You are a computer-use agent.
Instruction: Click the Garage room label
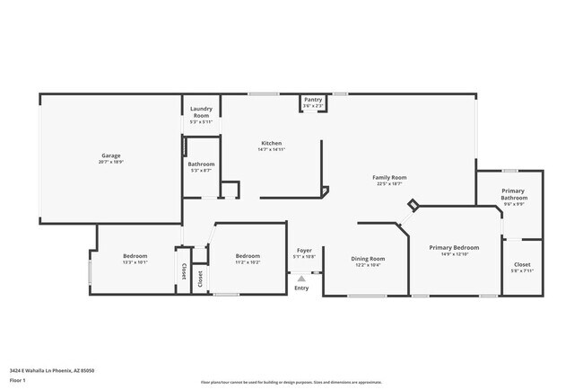110,155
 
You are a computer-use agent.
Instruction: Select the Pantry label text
313,100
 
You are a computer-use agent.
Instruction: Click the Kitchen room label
272,143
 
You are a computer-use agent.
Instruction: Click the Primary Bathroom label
513,194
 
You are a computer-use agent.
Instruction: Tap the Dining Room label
368,258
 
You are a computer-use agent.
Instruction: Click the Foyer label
304,250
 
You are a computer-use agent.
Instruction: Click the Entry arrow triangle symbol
301,279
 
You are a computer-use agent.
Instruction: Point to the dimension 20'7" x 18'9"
110,163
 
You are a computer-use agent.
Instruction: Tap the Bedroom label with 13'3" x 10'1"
135,256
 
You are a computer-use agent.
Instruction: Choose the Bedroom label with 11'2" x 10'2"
248,256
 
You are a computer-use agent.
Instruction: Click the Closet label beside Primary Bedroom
522,264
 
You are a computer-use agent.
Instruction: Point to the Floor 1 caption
18,380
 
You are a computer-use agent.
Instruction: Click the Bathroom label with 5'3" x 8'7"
201,164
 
